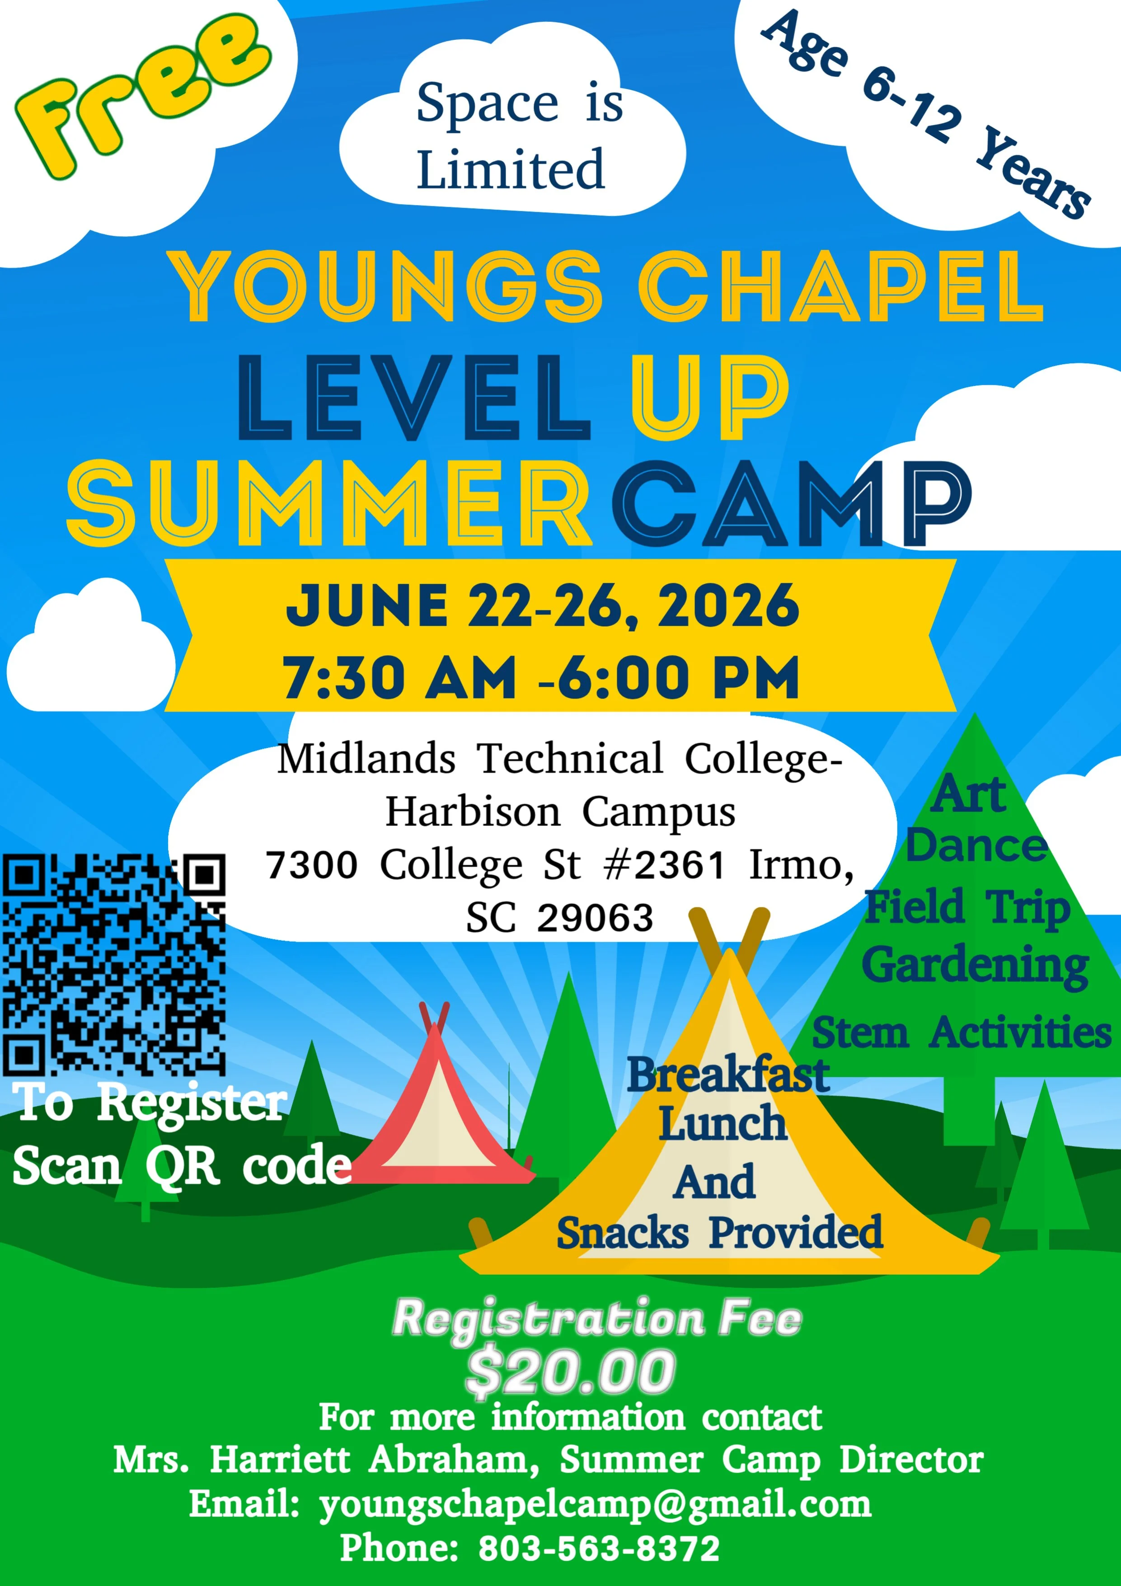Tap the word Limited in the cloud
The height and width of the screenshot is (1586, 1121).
coord(511,169)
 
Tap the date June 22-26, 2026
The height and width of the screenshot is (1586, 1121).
coord(543,606)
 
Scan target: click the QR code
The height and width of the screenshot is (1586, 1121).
coord(114,964)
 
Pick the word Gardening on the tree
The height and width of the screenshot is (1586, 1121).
coord(975,966)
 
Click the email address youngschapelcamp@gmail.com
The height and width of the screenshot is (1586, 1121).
coord(596,1505)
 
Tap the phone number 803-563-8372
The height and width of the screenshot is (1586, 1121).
coord(600,1548)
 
